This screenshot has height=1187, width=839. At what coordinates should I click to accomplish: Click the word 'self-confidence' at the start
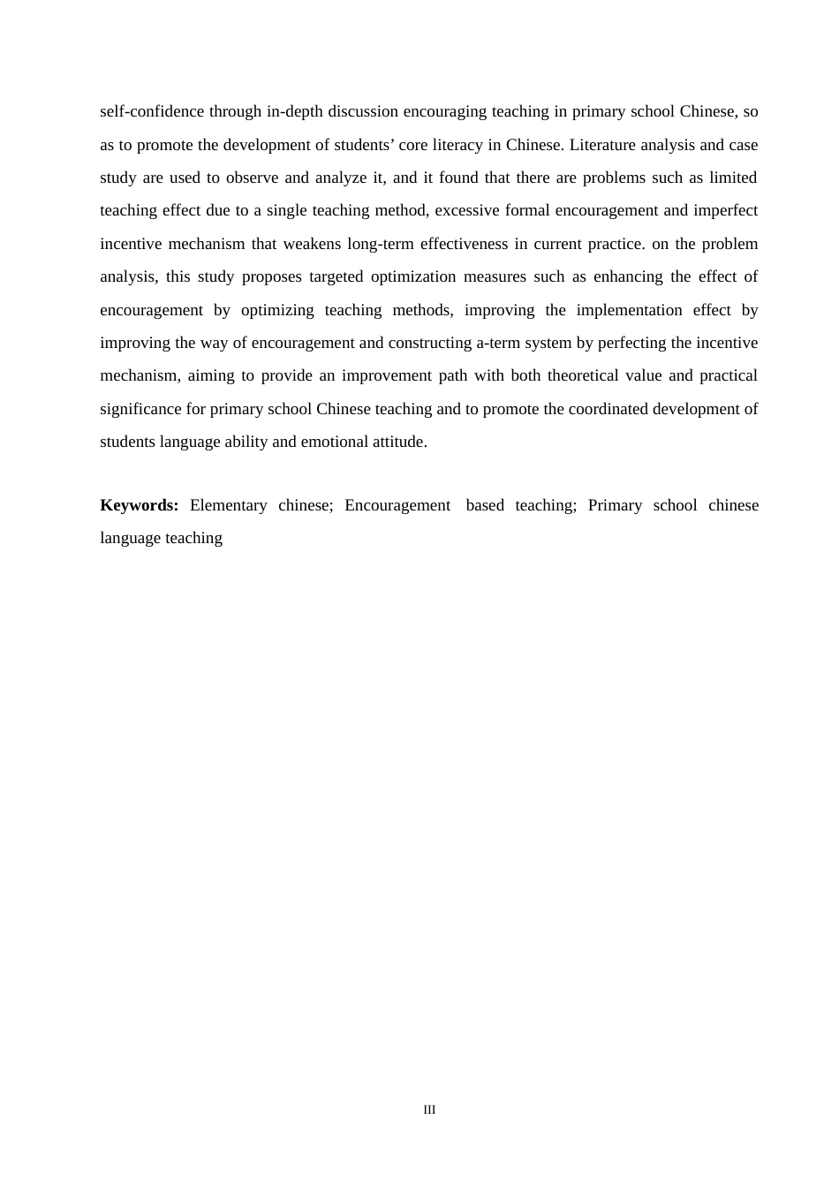pos(140,112)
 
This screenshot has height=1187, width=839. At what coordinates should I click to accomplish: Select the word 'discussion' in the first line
pos(364,112)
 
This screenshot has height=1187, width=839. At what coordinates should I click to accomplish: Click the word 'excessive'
pos(467,211)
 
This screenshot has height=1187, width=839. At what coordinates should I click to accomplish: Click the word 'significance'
pos(140,410)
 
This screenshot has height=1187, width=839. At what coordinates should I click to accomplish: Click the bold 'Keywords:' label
pos(139,506)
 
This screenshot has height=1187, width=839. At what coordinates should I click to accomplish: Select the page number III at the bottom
pos(429,1110)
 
